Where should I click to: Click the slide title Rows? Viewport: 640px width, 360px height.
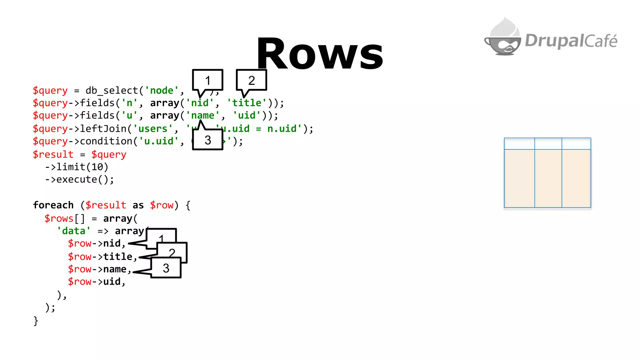coord(320,54)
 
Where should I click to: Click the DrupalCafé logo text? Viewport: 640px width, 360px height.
coord(571,41)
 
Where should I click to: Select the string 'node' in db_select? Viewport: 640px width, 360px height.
coord(162,90)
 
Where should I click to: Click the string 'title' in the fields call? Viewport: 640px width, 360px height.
coord(247,103)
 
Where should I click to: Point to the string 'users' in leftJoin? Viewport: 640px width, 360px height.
coord(153,128)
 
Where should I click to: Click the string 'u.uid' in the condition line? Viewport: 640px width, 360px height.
coord(158,141)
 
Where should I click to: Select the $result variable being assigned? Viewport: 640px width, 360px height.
coord(53,154)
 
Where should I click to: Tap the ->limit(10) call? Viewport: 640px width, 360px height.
coord(77,167)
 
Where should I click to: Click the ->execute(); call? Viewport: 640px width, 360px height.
coord(80,180)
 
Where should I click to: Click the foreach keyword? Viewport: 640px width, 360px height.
coord(53,205)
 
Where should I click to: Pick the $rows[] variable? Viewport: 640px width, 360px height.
coord(64,218)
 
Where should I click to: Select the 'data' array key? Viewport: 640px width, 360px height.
coord(74,231)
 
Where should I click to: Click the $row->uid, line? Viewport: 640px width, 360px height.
coord(97,282)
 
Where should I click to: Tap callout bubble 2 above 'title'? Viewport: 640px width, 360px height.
coord(252,80)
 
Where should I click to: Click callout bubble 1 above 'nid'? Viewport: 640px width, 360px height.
coord(207,80)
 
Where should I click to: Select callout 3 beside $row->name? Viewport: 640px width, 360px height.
coord(166,268)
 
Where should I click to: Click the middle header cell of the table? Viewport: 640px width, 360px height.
coord(548,144)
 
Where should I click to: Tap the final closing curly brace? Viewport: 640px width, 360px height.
coord(36,321)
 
